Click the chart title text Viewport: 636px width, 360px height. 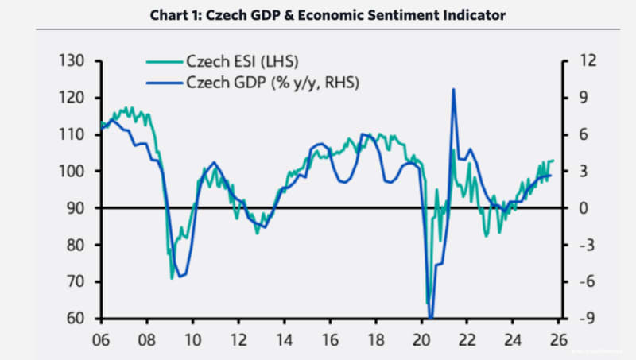(x=317, y=15)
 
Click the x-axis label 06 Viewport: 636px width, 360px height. (x=102, y=337)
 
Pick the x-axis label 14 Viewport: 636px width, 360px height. (x=283, y=337)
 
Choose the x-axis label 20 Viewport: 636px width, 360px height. (x=421, y=337)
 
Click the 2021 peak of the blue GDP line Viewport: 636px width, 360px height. (x=453, y=89)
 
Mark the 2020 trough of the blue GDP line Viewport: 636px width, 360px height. (x=430, y=318)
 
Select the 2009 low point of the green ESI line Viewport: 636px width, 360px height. (x=172, y=278)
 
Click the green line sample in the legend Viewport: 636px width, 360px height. (x=164, y=62)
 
